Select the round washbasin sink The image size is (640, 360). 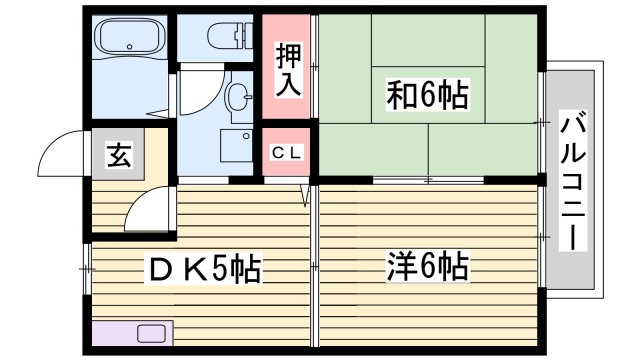[x=238, y=96]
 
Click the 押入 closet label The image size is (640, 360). [x=288, y=67]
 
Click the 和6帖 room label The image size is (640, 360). [x=427, y=96]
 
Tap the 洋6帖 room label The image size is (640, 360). [x=428, y=268]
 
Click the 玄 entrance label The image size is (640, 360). [x=119, y=155]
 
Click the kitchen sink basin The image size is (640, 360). [x=153, y=333]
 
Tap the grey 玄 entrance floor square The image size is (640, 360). [x=119, y=155]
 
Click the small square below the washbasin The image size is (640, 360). [x=237, y=142]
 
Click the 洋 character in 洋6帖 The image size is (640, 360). [x=401, y=268]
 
